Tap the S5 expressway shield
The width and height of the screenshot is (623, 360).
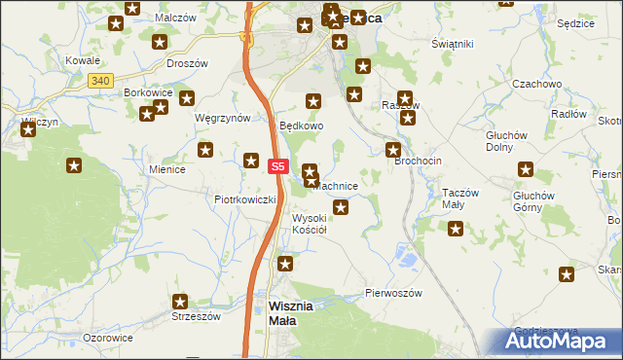278,166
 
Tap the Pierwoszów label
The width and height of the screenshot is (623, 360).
393,293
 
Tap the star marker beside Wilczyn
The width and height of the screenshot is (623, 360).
27,128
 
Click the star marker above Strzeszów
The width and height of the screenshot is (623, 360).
180,303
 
